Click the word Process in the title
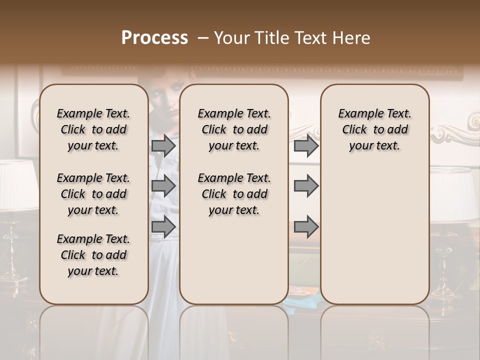154,37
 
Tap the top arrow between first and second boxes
163,145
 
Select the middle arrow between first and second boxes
163,186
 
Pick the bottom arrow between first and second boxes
163,226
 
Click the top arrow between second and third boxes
306,145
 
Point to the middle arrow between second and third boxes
306,186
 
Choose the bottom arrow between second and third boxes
306,226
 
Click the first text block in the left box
93,129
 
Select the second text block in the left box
93,194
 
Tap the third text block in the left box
93,255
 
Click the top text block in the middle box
234,129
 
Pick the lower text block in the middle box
234,194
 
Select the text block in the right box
374,129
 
